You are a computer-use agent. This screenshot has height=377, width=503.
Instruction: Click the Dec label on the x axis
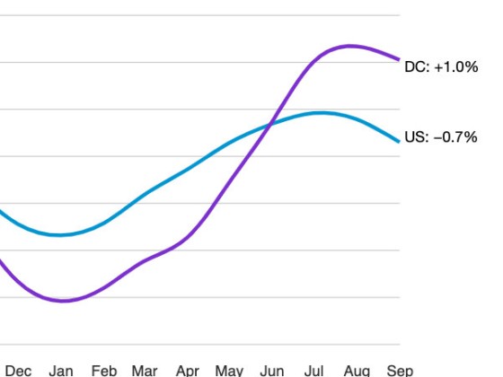18,370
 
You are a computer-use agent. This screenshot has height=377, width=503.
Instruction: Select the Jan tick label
61,370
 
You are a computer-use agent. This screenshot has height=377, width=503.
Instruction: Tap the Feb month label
103,370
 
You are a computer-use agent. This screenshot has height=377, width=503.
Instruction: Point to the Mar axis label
145,370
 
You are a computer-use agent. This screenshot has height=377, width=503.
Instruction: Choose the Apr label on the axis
187,370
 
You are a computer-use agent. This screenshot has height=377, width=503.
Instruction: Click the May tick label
229,370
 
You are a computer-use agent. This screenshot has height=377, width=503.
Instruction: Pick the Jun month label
271,370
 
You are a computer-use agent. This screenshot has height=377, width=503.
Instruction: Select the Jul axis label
314,370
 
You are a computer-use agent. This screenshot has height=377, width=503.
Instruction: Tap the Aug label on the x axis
357,370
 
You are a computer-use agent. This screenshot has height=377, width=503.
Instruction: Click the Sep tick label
400,370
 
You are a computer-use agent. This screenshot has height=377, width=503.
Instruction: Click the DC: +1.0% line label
441,68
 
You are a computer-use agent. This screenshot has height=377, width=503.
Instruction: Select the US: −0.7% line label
441,137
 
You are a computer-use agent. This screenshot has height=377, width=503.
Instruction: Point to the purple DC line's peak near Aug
350,45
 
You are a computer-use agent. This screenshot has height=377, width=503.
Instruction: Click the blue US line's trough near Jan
60,235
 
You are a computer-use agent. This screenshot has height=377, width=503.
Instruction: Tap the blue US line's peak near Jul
320,112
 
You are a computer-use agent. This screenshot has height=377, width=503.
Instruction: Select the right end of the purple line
399,59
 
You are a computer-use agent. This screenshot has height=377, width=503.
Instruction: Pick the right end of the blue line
399,141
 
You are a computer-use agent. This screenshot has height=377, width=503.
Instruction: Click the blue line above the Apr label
187,169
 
